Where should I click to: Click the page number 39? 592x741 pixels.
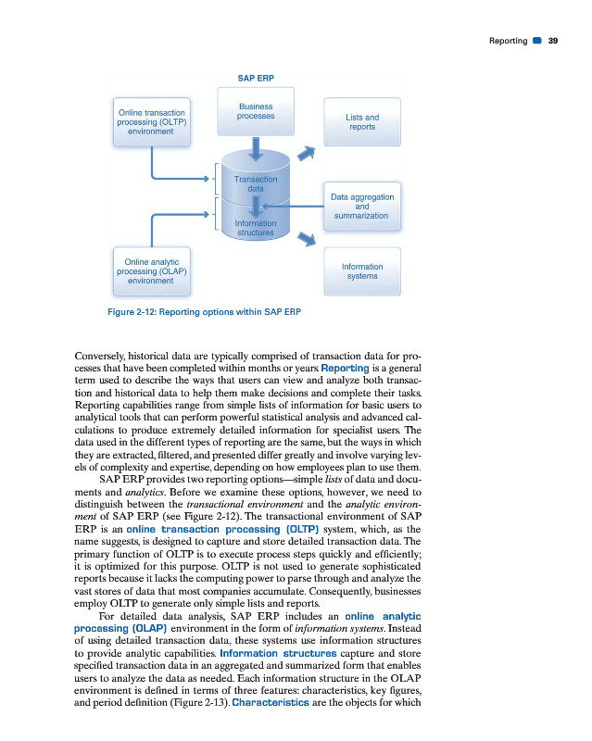(x=553, y=40)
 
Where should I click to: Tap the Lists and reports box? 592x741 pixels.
(x=362, y=121)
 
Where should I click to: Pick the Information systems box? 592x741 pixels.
(x=362, y=271)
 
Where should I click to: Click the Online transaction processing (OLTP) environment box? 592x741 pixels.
(x=151, y=122)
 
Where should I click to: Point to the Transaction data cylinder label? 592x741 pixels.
(x=256, y=183)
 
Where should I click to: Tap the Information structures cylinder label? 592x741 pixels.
(x=255, y=228)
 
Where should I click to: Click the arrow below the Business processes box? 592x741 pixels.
(x=256, y=147)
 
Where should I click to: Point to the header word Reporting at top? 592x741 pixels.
(x=508, y=40)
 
